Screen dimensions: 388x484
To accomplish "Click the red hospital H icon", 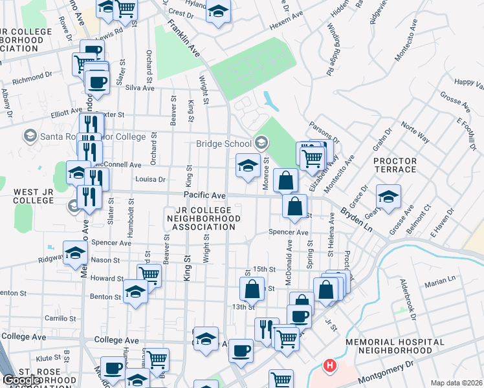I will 330,366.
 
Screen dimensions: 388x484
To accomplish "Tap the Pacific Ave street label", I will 204,195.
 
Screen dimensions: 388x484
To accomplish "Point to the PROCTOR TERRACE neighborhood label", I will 395,165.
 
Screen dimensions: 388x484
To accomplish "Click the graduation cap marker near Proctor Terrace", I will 388,197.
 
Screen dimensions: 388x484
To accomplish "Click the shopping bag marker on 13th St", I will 252,288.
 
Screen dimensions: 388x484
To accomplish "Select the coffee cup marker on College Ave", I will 241,350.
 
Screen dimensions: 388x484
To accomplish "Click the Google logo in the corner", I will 21,381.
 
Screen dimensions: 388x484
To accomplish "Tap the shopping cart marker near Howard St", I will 149,275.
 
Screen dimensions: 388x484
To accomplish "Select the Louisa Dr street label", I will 151,179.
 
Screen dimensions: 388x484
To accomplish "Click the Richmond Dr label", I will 32,77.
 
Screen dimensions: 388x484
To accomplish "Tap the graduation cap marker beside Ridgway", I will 75,252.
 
